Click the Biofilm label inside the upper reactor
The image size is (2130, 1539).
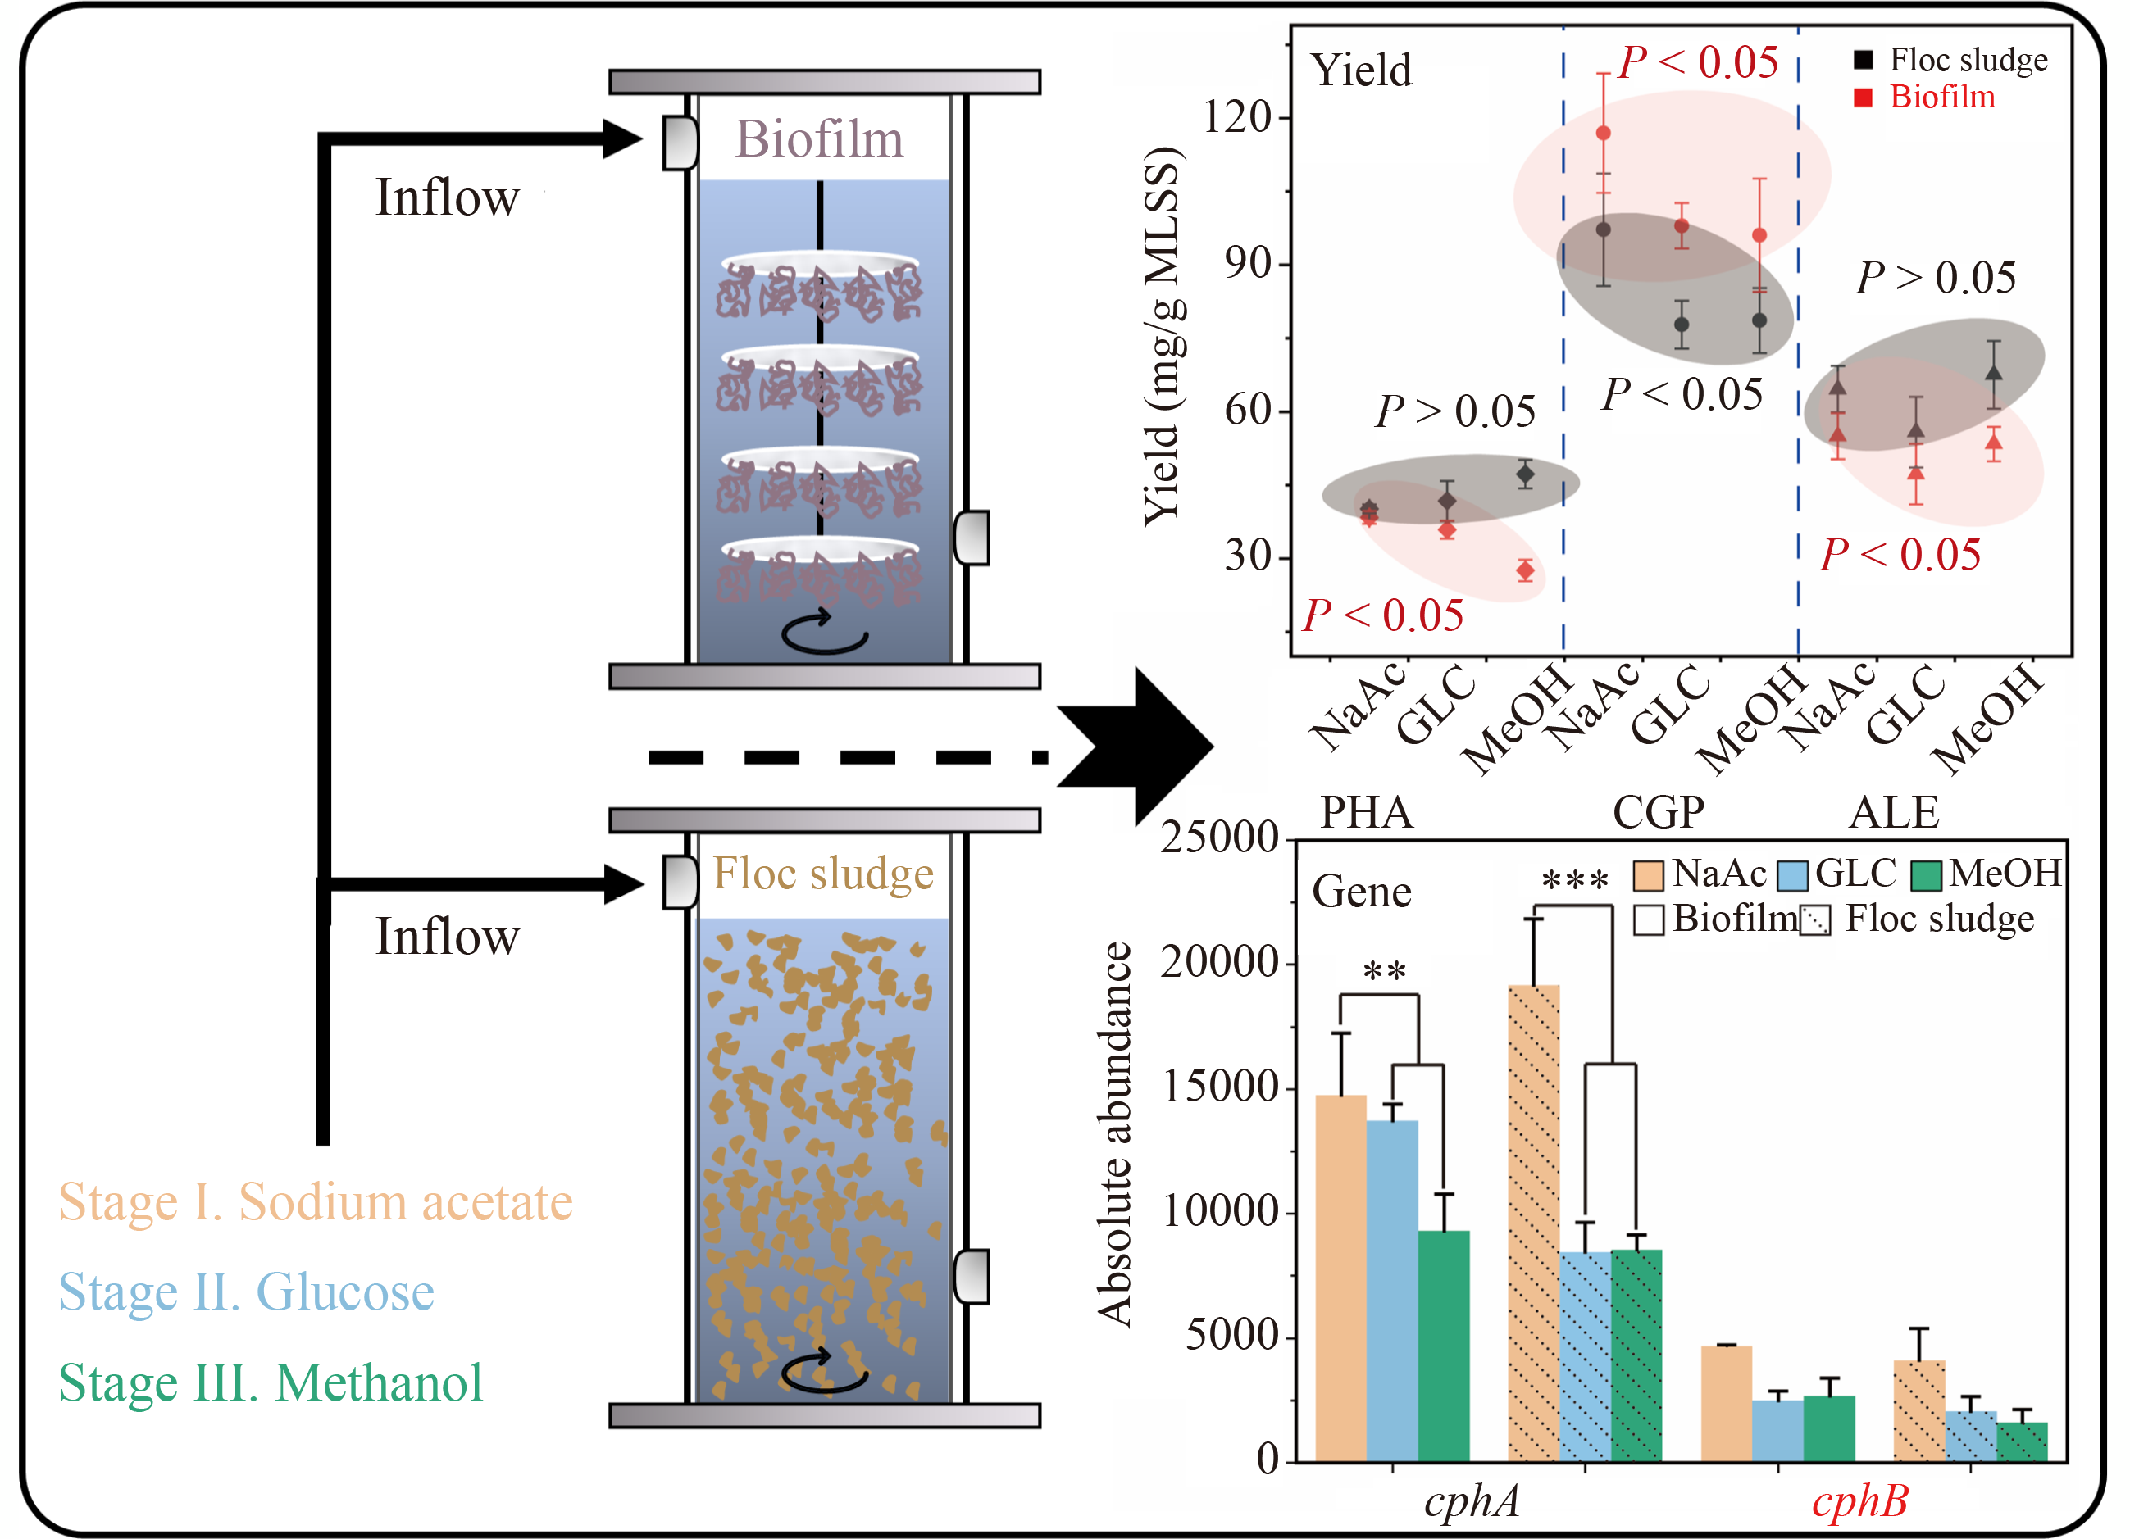(x=818, y=139)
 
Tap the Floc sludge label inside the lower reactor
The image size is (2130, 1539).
(x=822, y=874)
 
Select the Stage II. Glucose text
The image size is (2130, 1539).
(x=246, y=1293)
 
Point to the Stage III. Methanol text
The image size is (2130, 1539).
(x=271, y=1383)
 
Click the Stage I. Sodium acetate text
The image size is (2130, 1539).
(x=316, y=1202)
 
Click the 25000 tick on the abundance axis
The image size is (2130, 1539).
(x=1219, y=837)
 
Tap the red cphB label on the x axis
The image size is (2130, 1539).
(x=1859, y=1501)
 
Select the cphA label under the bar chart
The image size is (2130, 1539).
(x=1471, y=1501)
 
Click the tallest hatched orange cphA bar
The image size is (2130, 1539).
(x=1534, y=1221)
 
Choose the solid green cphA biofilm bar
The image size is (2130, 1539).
(x=1444, y=1345)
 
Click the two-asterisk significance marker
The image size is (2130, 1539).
(x=1384, y=971)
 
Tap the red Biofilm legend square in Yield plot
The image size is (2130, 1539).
(x=1864, y=98)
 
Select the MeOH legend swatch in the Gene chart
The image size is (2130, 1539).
(x=1926, y=875)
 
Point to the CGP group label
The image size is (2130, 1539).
(x=1658, y=812)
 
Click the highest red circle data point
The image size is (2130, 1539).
(x=1603, y=134)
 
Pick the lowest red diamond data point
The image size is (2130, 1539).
(x=1525, y=570)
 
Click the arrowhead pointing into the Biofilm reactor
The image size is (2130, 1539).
(x=621, y=139)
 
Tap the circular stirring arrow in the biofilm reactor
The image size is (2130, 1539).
(x=824, y=631)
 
